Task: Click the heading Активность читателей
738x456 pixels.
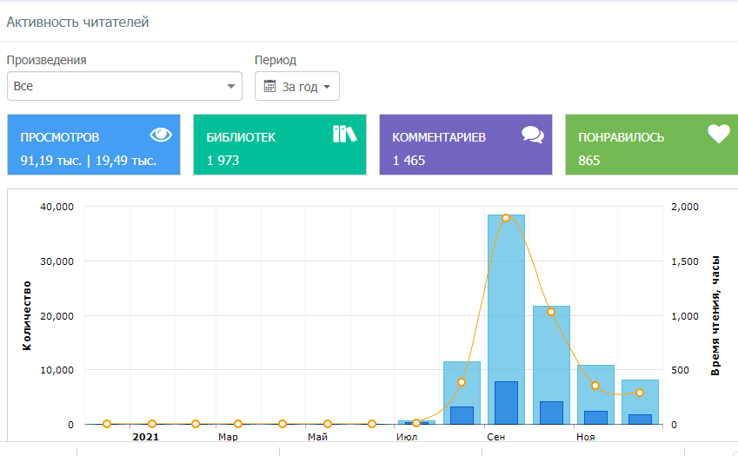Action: coord(77,22)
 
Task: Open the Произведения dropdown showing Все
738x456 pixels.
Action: coord(124,86)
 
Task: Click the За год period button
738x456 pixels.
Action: coord(297,86)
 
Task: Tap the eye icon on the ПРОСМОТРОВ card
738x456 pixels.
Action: coord(161,135)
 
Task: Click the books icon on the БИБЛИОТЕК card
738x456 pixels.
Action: coord(344,134)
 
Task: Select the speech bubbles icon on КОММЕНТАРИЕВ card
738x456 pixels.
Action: coord(533,135)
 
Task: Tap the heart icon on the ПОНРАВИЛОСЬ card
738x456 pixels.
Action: coord(719,134)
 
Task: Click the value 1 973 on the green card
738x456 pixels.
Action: coord(223,161)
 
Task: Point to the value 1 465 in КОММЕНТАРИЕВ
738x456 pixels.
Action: coord(409,161)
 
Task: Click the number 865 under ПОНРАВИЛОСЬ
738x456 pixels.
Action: coord(588,161)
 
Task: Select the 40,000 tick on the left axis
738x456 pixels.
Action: coord(57,207)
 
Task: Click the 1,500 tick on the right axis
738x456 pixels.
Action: coord(685,261)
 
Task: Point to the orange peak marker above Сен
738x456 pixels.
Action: coord(506,218)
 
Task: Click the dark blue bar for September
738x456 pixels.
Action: coord(506,403)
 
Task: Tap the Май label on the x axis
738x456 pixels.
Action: coord(317,437)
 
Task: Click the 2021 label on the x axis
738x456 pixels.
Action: coord(146,437)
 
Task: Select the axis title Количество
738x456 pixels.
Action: coord(27,315)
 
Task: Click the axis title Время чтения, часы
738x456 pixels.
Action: coord(715,315)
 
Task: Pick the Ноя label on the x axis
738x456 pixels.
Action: coord(586,437)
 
